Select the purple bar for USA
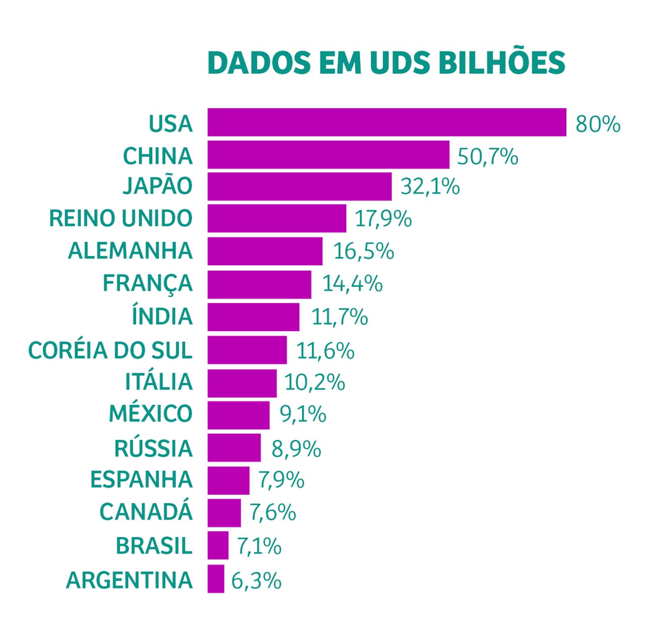[387, 122]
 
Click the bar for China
[328, 155]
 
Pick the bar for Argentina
[216, 578]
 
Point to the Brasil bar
[218, 545]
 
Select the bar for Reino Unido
[277, 218]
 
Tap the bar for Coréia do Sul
[247, 350]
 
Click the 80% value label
[598, 124]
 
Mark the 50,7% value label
[487, 156]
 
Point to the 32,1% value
[430, 187]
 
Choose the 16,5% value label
[363, 251]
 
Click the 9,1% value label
[303, 415]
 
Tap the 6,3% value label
[256, 581]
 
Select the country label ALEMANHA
[130, 251]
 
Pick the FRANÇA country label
[147, 284]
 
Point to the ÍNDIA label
[162, 316]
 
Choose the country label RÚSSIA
[153, 448]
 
